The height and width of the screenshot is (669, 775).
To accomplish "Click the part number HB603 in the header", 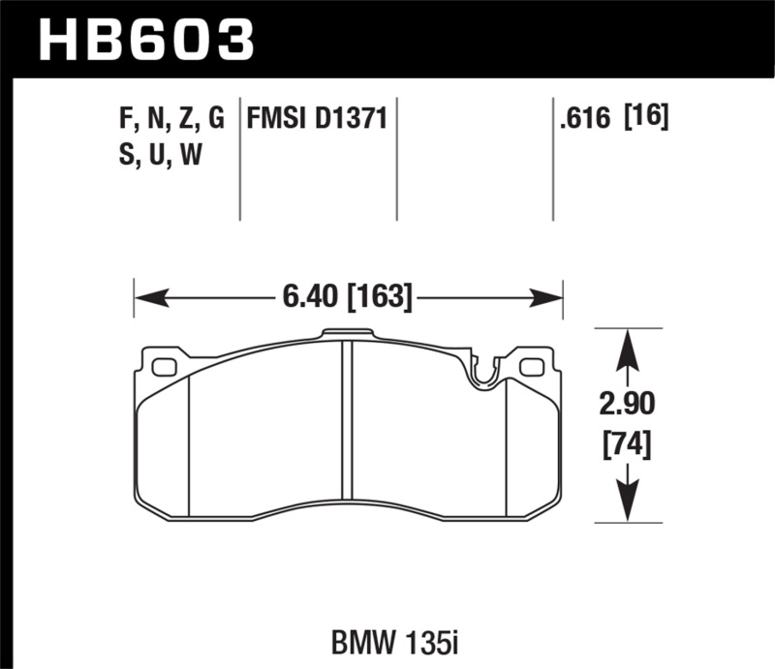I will point(145,39).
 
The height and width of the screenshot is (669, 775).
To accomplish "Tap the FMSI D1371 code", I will point(318,119).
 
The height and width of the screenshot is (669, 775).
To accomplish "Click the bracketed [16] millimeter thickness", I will point(648,119).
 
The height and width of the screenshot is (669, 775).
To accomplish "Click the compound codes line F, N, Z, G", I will point(169,119).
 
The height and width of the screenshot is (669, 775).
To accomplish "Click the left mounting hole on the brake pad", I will point(165,367).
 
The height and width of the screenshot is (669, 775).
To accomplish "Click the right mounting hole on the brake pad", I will point(531,367).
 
